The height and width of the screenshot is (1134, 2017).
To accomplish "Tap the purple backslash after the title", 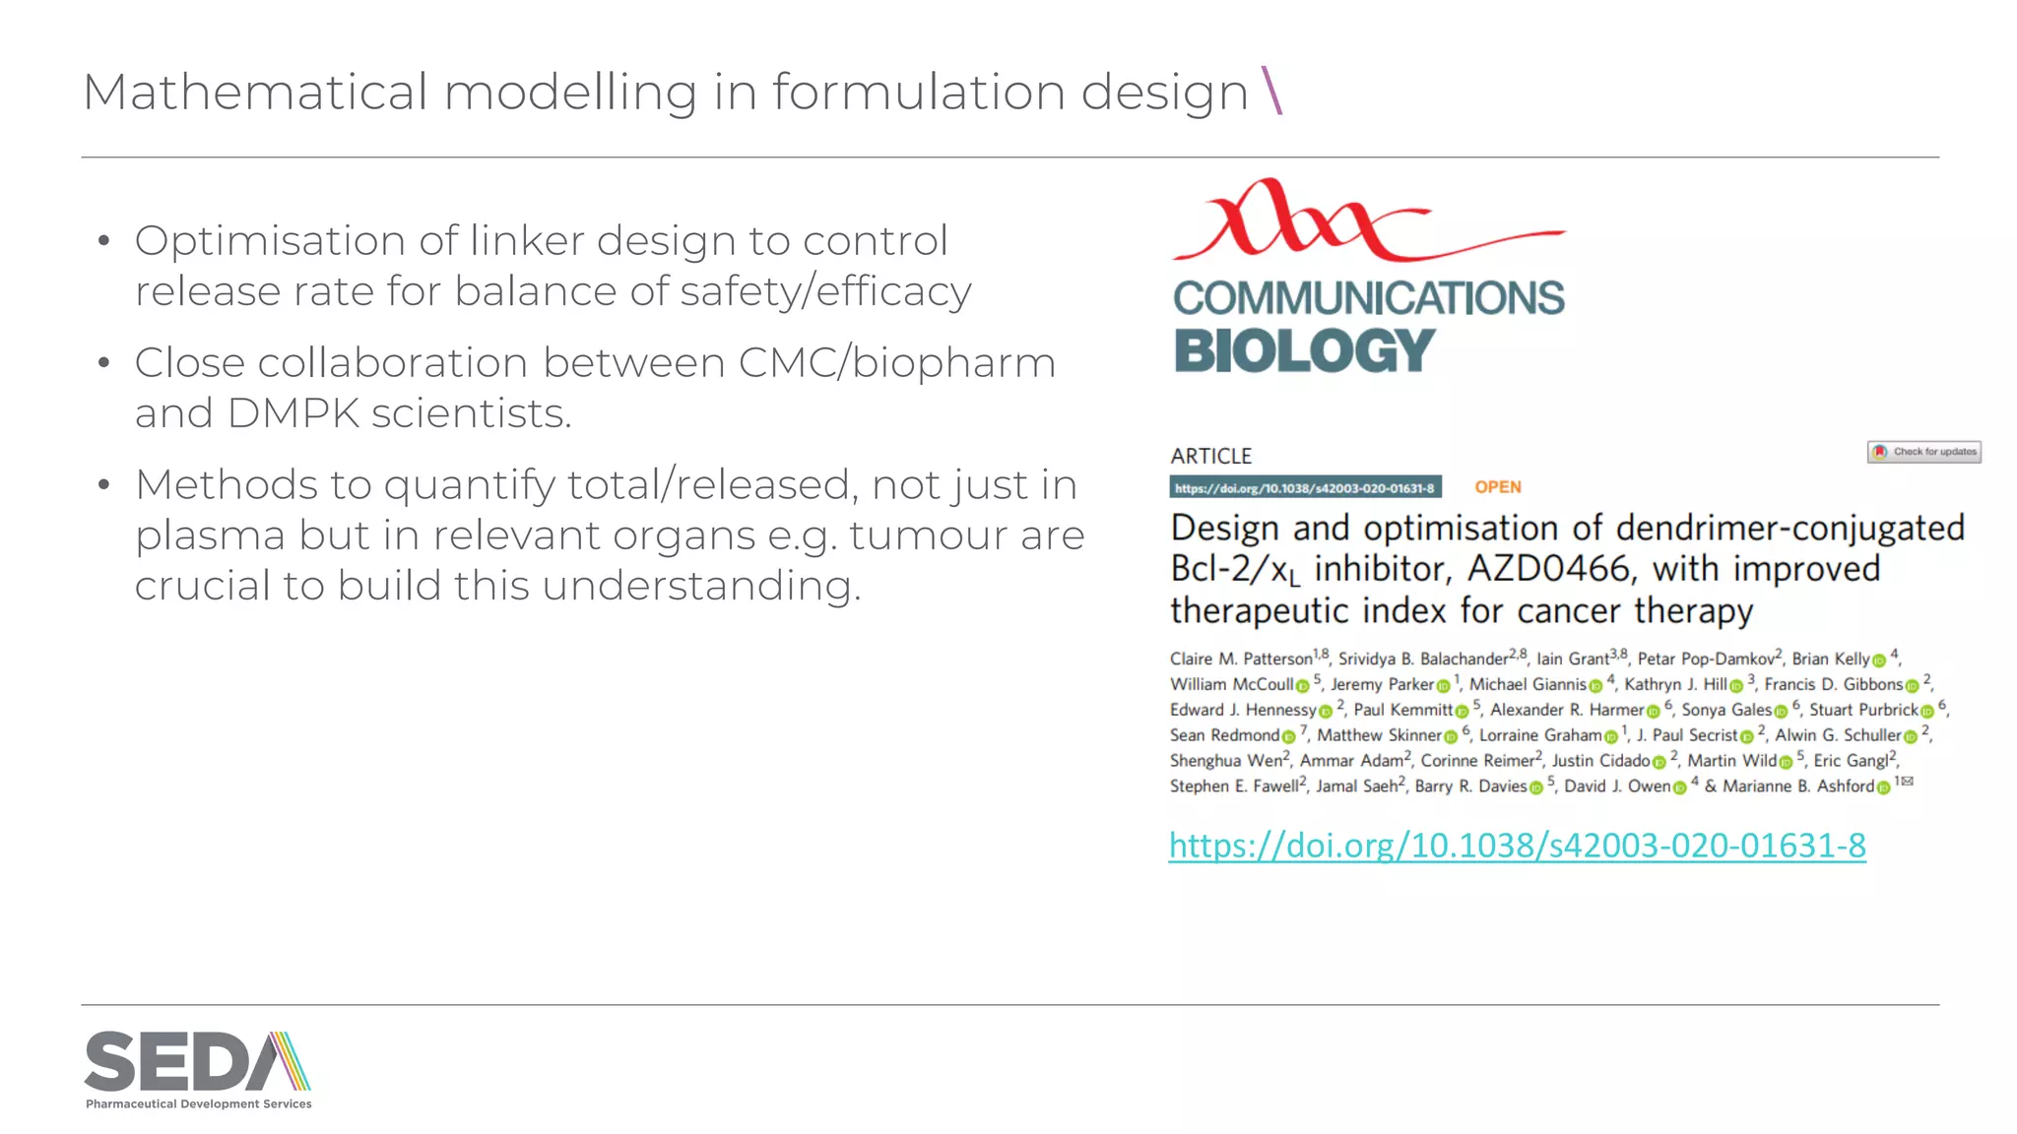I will click(1271, 91).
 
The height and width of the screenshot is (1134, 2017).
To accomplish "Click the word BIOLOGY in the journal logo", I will click(1304, 351).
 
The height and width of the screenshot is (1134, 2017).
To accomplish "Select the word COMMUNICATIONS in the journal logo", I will click(1368, 298).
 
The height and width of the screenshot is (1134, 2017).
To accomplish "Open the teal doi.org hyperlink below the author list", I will click(1517, 846).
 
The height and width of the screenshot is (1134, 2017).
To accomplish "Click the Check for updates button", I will click(1923, 452).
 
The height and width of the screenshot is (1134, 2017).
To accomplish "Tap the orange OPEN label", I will click(1497, 487).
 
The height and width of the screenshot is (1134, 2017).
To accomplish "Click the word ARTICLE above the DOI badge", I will click(1210, 457).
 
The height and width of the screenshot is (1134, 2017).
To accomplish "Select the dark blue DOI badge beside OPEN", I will click(1305, 487).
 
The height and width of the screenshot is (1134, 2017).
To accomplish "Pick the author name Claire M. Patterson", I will click(1241, 660).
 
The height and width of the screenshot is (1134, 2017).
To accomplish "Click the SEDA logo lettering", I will click(182, 1062).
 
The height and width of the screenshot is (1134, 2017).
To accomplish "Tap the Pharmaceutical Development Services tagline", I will click(198, 1104).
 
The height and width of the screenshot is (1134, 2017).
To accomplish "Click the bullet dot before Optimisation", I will click(103, 241).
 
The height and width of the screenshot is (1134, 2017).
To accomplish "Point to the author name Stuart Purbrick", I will click(1863, 710).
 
